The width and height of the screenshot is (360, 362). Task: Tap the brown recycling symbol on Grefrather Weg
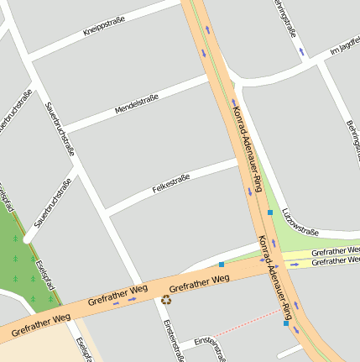click(166, 298)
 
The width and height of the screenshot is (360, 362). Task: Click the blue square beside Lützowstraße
click(270, 212)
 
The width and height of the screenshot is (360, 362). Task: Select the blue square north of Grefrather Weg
click(222, 265)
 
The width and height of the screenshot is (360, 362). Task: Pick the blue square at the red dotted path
click(286, 323)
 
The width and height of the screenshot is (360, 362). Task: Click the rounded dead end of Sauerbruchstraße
click(28, 238)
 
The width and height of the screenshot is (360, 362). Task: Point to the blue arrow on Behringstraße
click(302, 52)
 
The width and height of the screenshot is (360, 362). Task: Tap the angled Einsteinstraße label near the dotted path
click(210, 347)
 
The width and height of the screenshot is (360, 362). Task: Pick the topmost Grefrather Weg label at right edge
click(335, 252)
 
